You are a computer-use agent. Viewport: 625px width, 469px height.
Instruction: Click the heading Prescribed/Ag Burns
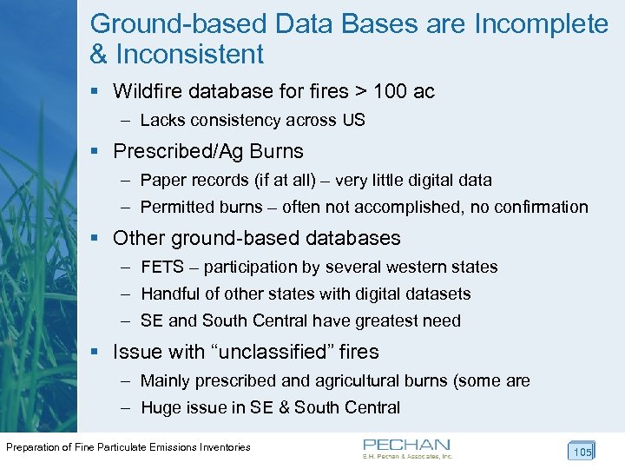coord(208,151)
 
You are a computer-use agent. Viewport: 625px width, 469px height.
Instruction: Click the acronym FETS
coord(162,267)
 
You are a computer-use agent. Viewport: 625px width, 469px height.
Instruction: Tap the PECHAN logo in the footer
coord(406,447)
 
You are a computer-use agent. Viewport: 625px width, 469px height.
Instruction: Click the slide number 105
coord(582,452)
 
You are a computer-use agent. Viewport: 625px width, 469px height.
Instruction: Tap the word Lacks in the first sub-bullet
coord(161,121)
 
